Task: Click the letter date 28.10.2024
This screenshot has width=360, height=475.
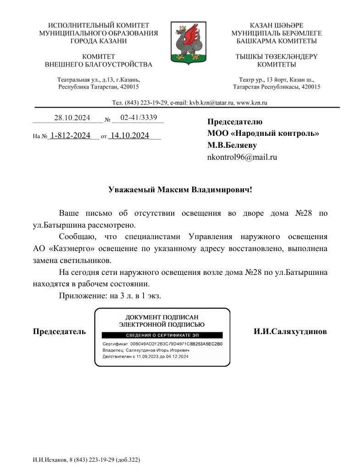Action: [72, 118]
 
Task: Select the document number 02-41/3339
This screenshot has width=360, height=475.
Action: [138, 118]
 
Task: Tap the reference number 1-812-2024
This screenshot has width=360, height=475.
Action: [70, 136]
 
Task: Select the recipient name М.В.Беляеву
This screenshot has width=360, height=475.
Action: [232, 145]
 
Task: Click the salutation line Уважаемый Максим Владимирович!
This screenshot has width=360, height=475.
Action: [180, 190]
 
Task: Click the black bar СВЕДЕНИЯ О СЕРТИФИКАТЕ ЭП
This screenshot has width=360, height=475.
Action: [162, 335]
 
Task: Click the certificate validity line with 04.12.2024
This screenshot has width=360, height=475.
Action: [145, 356]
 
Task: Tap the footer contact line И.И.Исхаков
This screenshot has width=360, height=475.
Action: [86, 459]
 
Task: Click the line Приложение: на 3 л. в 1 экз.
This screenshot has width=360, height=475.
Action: [110, 296]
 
